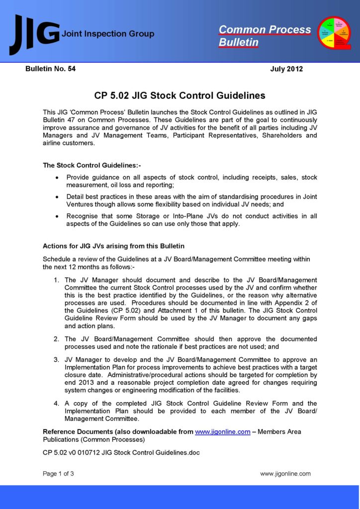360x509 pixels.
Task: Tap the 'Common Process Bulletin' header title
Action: [x=265, y=36]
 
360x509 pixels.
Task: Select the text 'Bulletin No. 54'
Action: [x=50, y=69]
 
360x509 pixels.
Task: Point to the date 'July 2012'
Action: [x=286, y=69]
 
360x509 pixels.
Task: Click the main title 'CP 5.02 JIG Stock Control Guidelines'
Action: [x=180, y=95]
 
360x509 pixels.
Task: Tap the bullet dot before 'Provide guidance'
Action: [x=58, y=177]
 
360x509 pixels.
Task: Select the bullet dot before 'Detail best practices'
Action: [x=58, y=197]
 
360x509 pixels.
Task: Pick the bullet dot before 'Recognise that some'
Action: [x=58, y=216]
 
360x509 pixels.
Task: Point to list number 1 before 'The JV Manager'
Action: [x=57, y=280]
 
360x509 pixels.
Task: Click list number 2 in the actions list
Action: [x=57, y=339]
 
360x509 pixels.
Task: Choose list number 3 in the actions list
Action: [x=57, y=359]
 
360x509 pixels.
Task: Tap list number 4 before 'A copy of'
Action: [x=57, y=403]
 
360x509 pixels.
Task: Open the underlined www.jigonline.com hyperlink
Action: [x=222, y=432]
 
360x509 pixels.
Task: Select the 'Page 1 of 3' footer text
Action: [x=58, y=474]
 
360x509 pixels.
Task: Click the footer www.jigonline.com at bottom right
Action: [x=285, y=474]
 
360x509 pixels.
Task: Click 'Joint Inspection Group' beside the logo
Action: [x=107, y=34]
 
